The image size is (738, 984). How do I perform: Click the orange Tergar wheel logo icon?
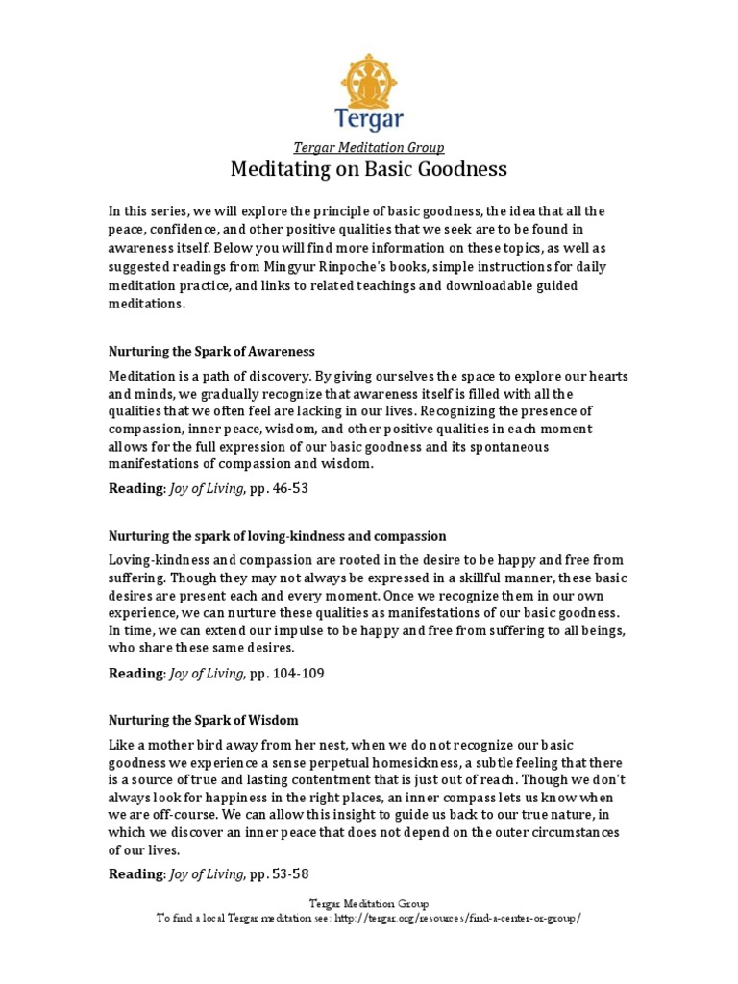tap(369, 81)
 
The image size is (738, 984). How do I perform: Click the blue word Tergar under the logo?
tap(369, 119)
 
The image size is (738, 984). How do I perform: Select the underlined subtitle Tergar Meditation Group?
tap(369, 147)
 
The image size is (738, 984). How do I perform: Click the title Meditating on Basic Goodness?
tap(369, 170)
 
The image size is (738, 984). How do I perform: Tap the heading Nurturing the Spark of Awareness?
tap(211, 351)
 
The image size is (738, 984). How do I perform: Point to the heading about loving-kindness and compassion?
tap(277, 535)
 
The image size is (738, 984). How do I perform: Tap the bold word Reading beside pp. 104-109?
tap(136, 674)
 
